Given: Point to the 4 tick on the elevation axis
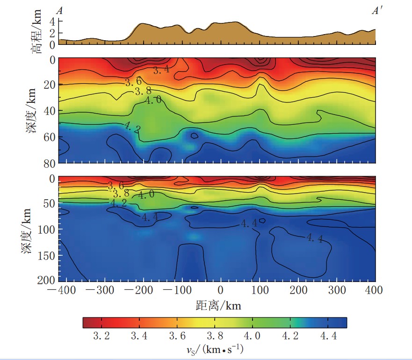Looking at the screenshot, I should (x=52, y=22).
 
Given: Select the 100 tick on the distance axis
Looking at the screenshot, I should (x=260, y=291).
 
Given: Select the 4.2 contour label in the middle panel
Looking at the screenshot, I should (x=132, y=127).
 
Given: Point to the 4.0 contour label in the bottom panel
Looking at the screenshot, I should (x=145, y=194).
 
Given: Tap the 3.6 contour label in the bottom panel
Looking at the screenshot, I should (x=116, y=186).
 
